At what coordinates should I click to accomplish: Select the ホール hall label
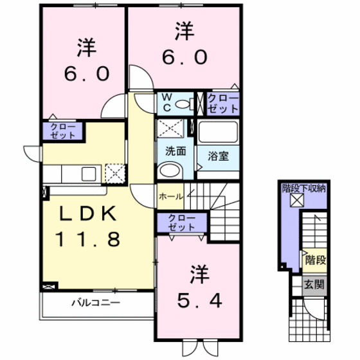point(170,196)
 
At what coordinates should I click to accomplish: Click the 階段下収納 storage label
point(304,188)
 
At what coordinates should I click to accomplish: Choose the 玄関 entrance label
point(314,283)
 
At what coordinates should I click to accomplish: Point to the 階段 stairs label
point(314,260)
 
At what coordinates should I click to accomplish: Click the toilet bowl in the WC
point(184,103)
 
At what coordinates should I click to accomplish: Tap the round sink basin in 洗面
point(170,170)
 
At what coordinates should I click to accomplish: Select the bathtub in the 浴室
point(219,133)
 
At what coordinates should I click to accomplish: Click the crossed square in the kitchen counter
point(115,172)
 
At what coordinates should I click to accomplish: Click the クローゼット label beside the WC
point(222,104)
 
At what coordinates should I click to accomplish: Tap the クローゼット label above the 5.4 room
point(181,223)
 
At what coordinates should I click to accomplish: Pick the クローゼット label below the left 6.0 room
point(62,131)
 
